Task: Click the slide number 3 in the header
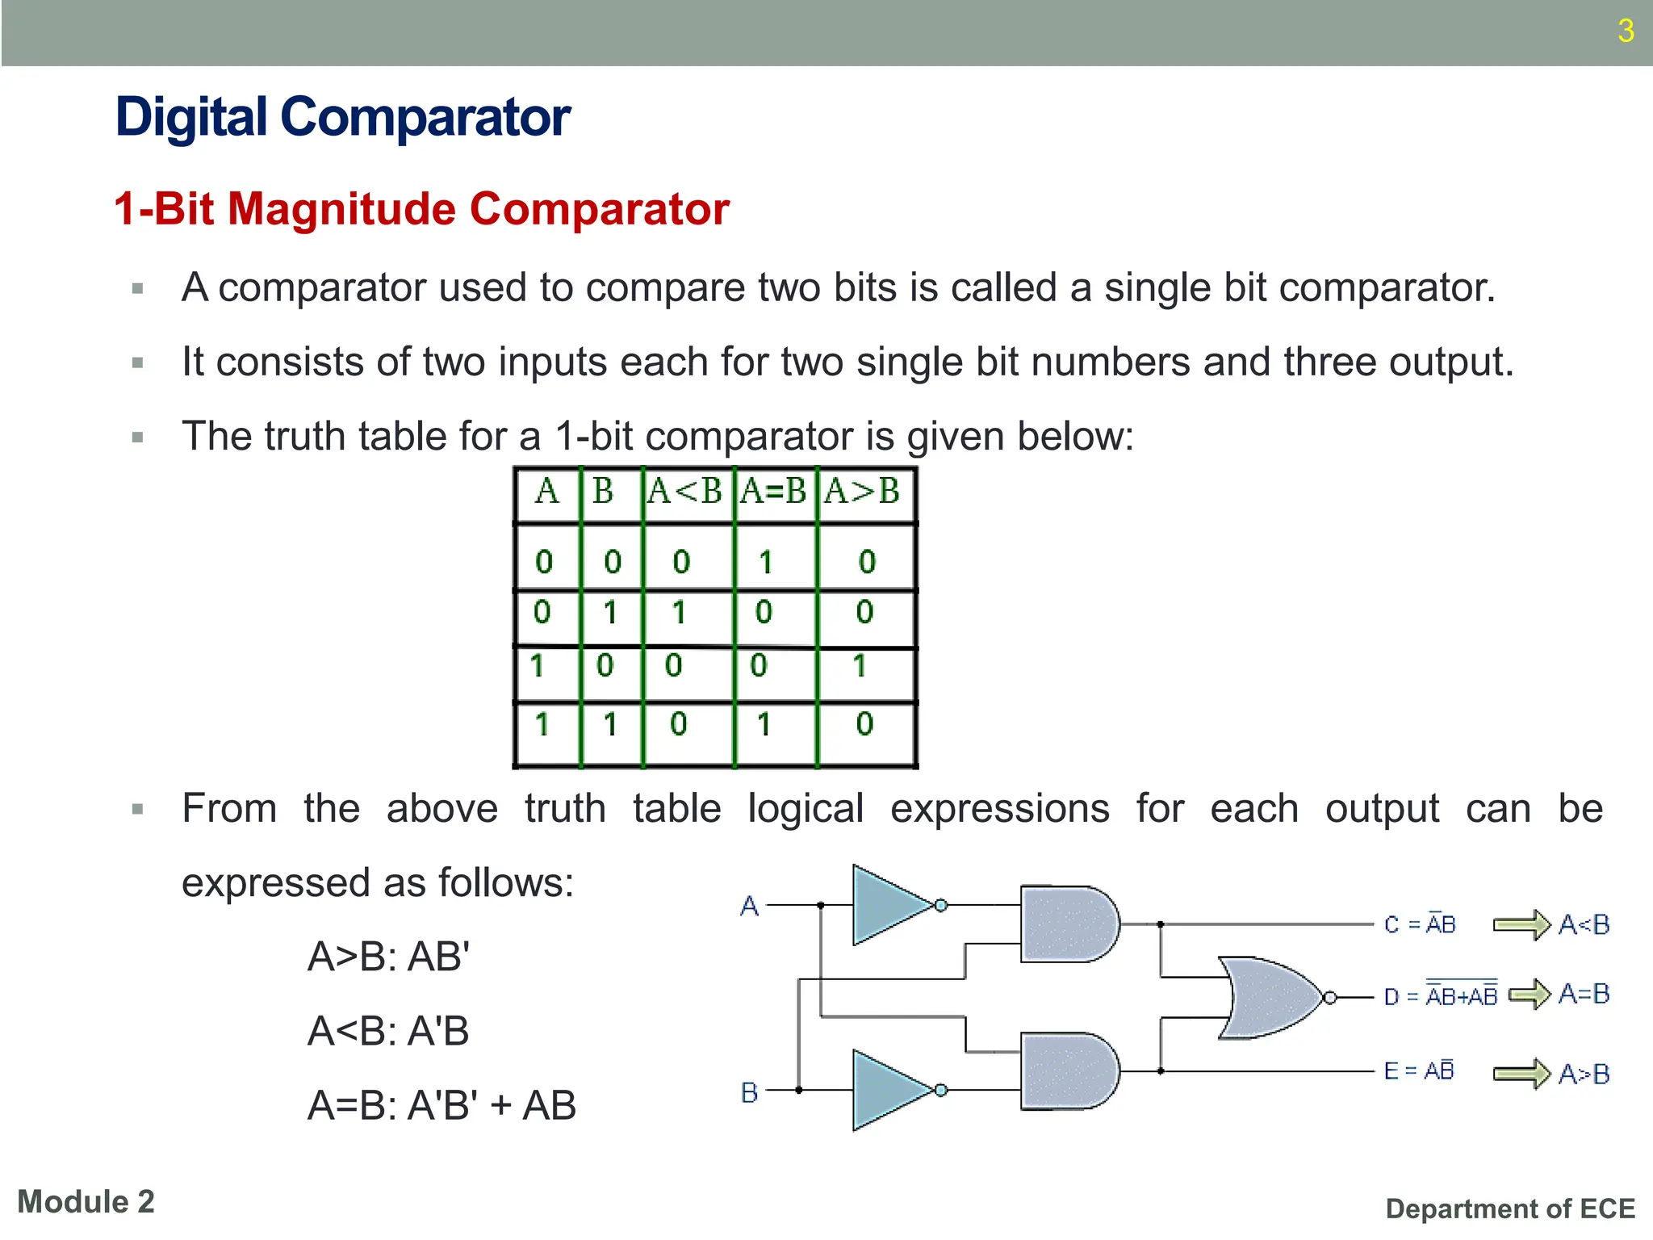click(1626, 31)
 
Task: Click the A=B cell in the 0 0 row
click(766, 562)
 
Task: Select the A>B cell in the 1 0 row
click(860, 667)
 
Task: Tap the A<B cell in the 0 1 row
click(680, 613)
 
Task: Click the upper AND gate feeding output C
click(1067, 924)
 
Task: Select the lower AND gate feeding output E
click(1067, 1071)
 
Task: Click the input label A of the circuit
click(749, 907)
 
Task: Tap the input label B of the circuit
click(749, 1093)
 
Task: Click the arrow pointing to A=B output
click(1529, 995)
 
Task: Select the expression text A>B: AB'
click(388, 957)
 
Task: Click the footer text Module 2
click(86, 1202)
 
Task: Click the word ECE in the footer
click(1607, 1209)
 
